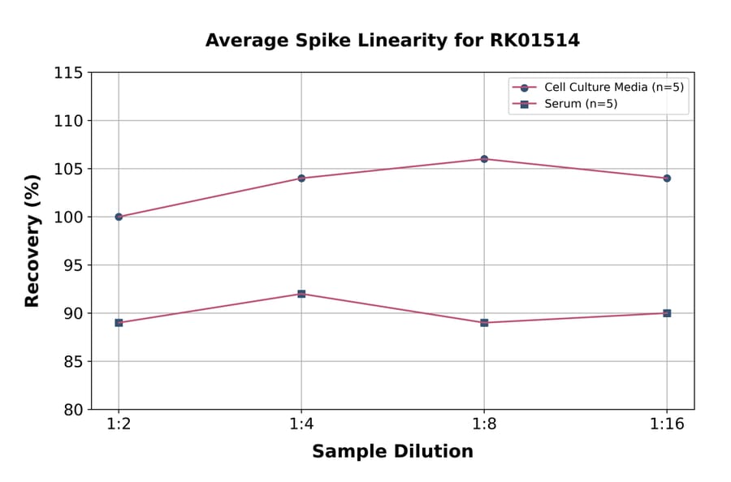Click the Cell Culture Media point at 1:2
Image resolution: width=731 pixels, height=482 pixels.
click(119, 217)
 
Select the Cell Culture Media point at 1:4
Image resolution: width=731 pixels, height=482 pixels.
click(301, 178)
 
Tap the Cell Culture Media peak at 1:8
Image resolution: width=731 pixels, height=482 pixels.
click(484, 159)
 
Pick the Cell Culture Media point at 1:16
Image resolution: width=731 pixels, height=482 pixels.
click(667, 178)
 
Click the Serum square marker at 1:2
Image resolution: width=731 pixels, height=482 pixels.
click(119, 322)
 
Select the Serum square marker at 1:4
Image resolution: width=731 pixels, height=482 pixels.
click(301, 294)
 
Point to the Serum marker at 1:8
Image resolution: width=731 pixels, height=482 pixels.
click(484, 322)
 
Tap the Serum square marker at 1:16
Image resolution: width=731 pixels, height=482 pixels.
click(667, 313)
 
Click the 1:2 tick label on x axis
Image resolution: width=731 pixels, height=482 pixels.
click(119, 424)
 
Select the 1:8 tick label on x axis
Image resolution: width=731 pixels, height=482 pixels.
click(484, 424)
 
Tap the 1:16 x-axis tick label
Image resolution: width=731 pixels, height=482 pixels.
click(667, 424)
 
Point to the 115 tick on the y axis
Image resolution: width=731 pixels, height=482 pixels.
click(68, 73)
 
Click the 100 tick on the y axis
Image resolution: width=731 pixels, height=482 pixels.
click(68, 217)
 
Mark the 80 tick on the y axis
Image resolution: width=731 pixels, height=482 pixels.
click(72, 410)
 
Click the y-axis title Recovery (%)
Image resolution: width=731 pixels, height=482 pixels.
click(32, 240)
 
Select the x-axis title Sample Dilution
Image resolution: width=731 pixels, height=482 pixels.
click(392, 452)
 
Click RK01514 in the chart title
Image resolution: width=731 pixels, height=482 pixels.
click(534, 41)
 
